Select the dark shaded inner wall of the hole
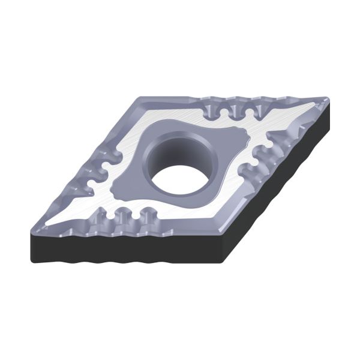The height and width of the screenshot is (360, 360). (174, 152)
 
